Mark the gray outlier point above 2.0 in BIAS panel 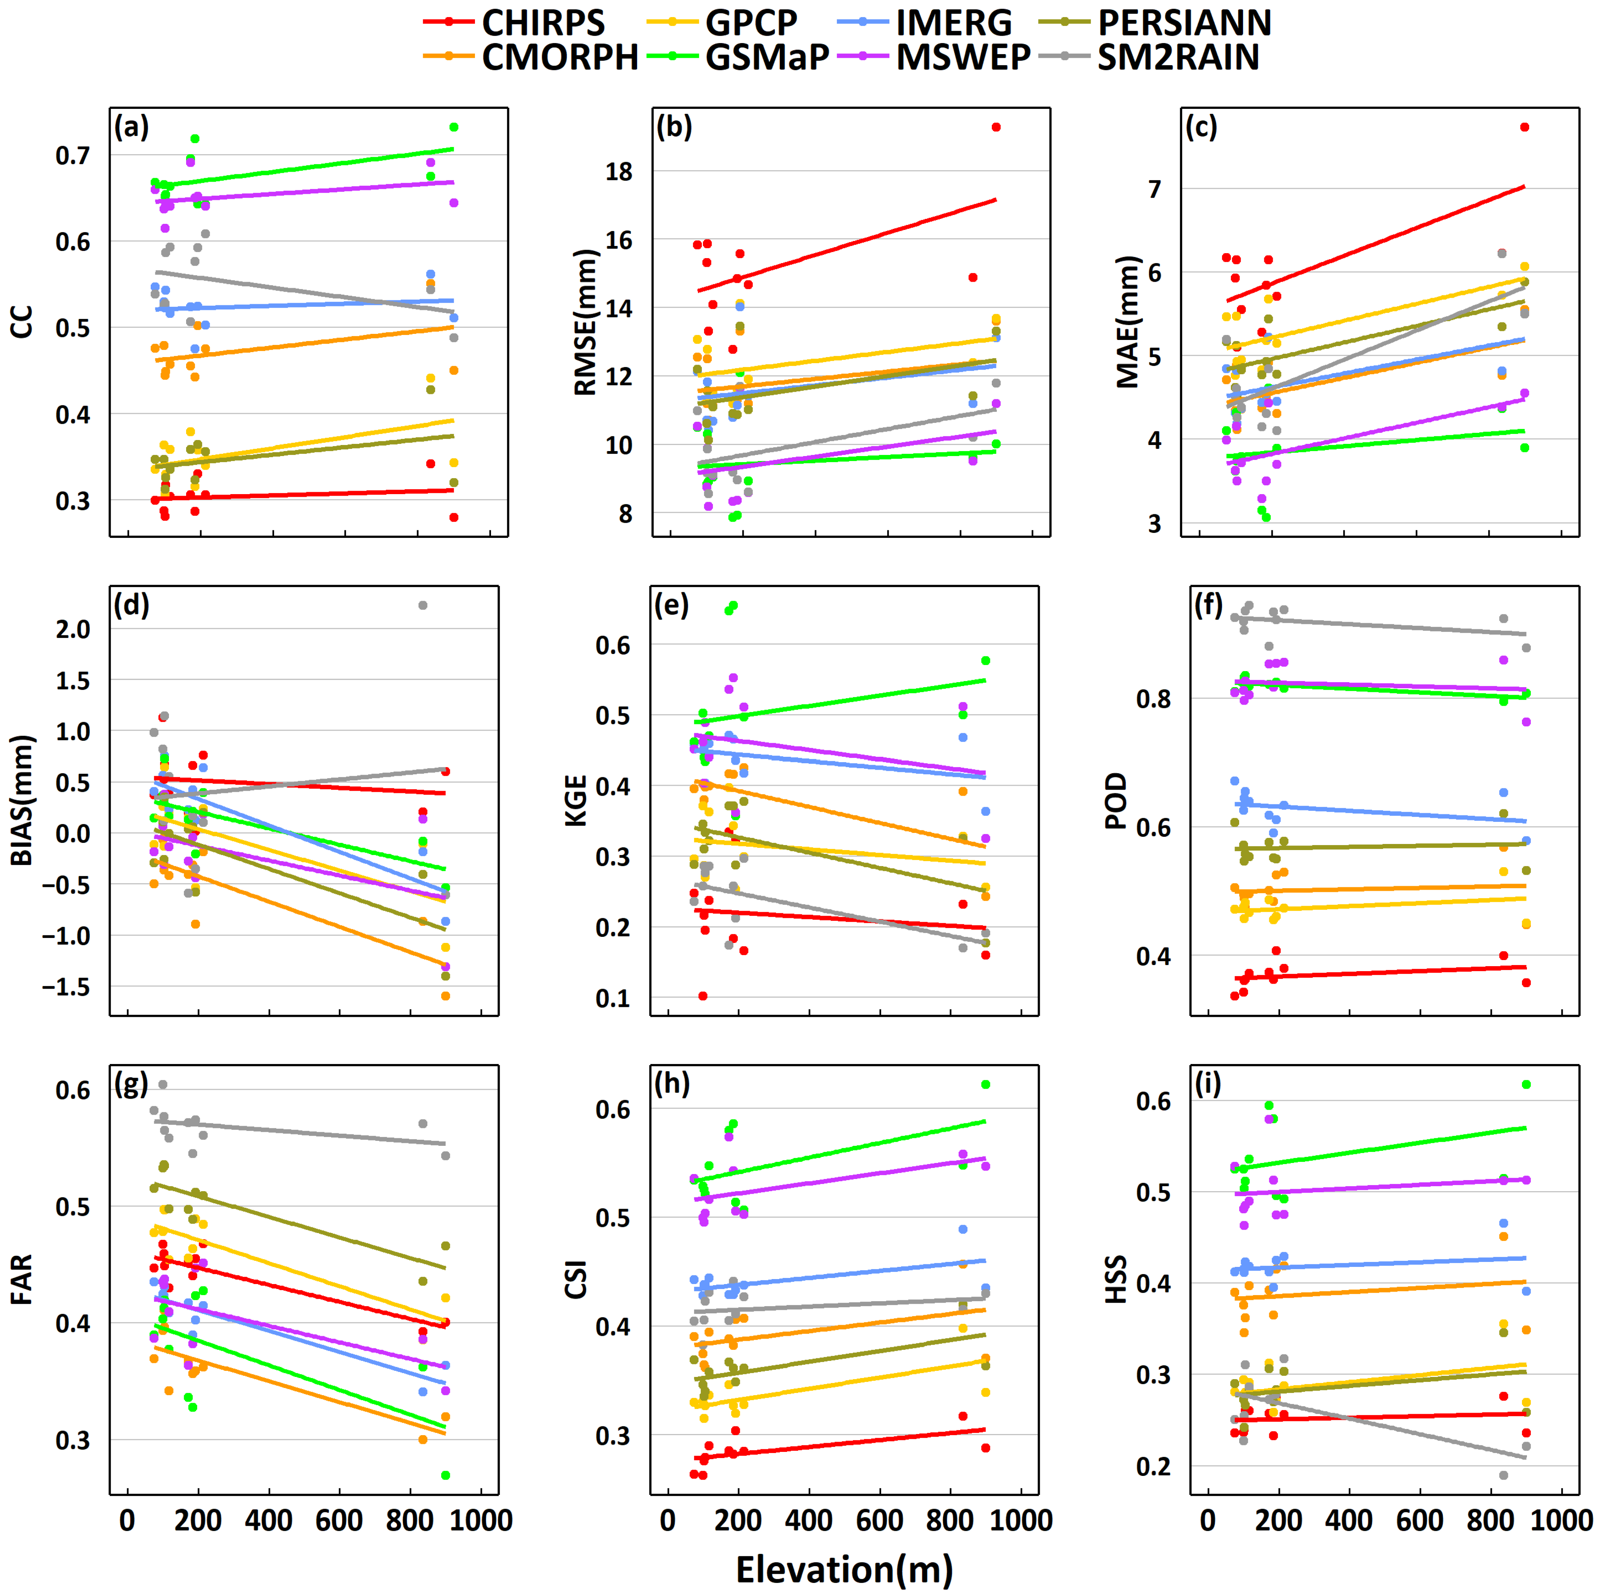coord(422,606)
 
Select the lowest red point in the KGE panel coord(703,995)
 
